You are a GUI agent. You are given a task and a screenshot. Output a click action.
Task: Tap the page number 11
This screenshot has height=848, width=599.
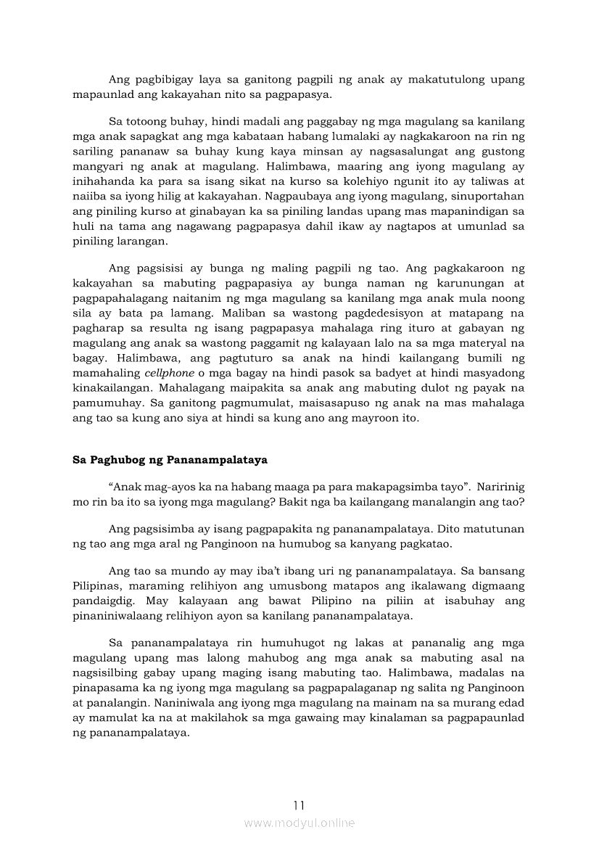[299, 805]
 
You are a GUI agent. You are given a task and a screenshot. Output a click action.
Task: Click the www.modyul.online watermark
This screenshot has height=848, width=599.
[299, 823]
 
